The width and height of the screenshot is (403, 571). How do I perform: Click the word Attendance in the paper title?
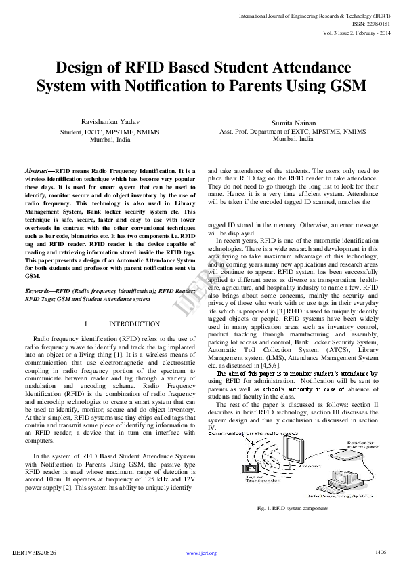310,68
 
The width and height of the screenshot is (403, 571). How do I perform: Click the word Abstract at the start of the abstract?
36,172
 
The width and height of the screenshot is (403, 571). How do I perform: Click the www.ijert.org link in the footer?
201,553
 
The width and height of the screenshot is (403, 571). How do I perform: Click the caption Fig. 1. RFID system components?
293,508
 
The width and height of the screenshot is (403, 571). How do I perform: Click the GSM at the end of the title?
346,87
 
